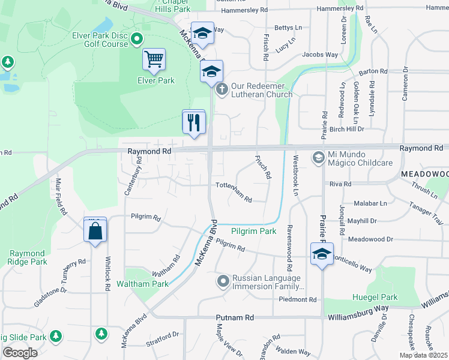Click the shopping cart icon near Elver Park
pyautogui.click(x=154, y=59)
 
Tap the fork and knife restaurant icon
pyautogui.click(x=194, y=122)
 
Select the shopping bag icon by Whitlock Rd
pyautogui.click(x=95, y=230)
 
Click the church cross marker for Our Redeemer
pyautogui.click(x=221, y=90)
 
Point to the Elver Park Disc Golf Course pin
pyautogui.click(x=136, y=40)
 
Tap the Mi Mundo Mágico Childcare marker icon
pyautogui.click(x=318, y=158)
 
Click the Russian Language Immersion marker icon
pyautogui.click(x=223, y=281)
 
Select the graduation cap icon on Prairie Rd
pyautogui.click(x=322, y=254)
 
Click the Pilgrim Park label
pyautogui.click(x=254, y=231)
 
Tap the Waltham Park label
pyautogui.click(x=143, y=284)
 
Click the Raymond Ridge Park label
pyautogui.click(x=28, y=257)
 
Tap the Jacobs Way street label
pyautogui.click(x=320, y=55)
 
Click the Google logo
pyautogui.click(x=20, y=352)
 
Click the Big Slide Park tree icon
pyautogui.click(x=56, y=335)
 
